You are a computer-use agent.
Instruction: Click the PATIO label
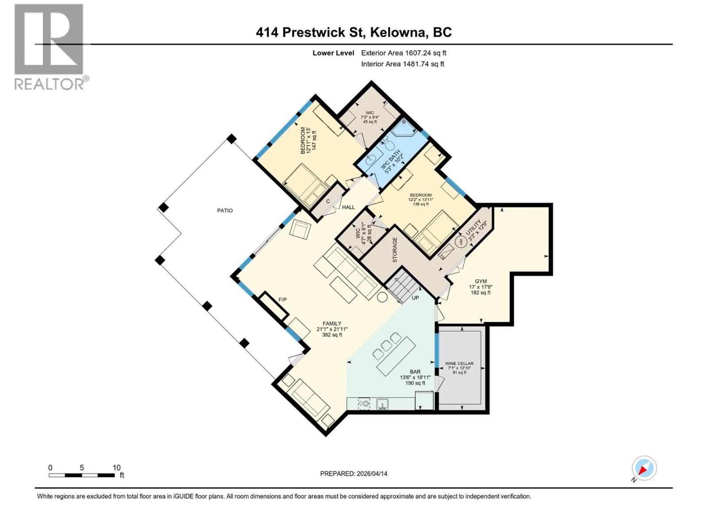click(x=225, y=211)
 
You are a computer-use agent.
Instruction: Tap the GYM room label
click(x=481, y=281)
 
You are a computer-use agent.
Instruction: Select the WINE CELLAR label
click(x=459, y=363)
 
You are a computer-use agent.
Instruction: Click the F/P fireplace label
click(x=282, y=300)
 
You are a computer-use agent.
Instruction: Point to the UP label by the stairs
click(x=415, y=298)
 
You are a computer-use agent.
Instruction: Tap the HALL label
click(x=348, y=207)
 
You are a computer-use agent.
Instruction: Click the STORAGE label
click(x=395, y=250)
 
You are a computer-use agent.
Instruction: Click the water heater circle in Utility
click(x=460, y=242)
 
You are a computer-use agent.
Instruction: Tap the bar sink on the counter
click(x=382, y=404)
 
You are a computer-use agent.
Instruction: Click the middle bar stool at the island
click(x=387, y=346)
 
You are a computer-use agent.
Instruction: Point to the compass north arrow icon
click(x=644, y=468)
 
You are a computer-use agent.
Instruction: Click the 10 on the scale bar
click(x=116, y=468)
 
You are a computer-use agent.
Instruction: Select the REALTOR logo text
click(x=51, y=84)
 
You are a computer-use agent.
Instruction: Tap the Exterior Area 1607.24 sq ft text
click(x=404, y=53)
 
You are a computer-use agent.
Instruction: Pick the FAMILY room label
click(x=331, y=323)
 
